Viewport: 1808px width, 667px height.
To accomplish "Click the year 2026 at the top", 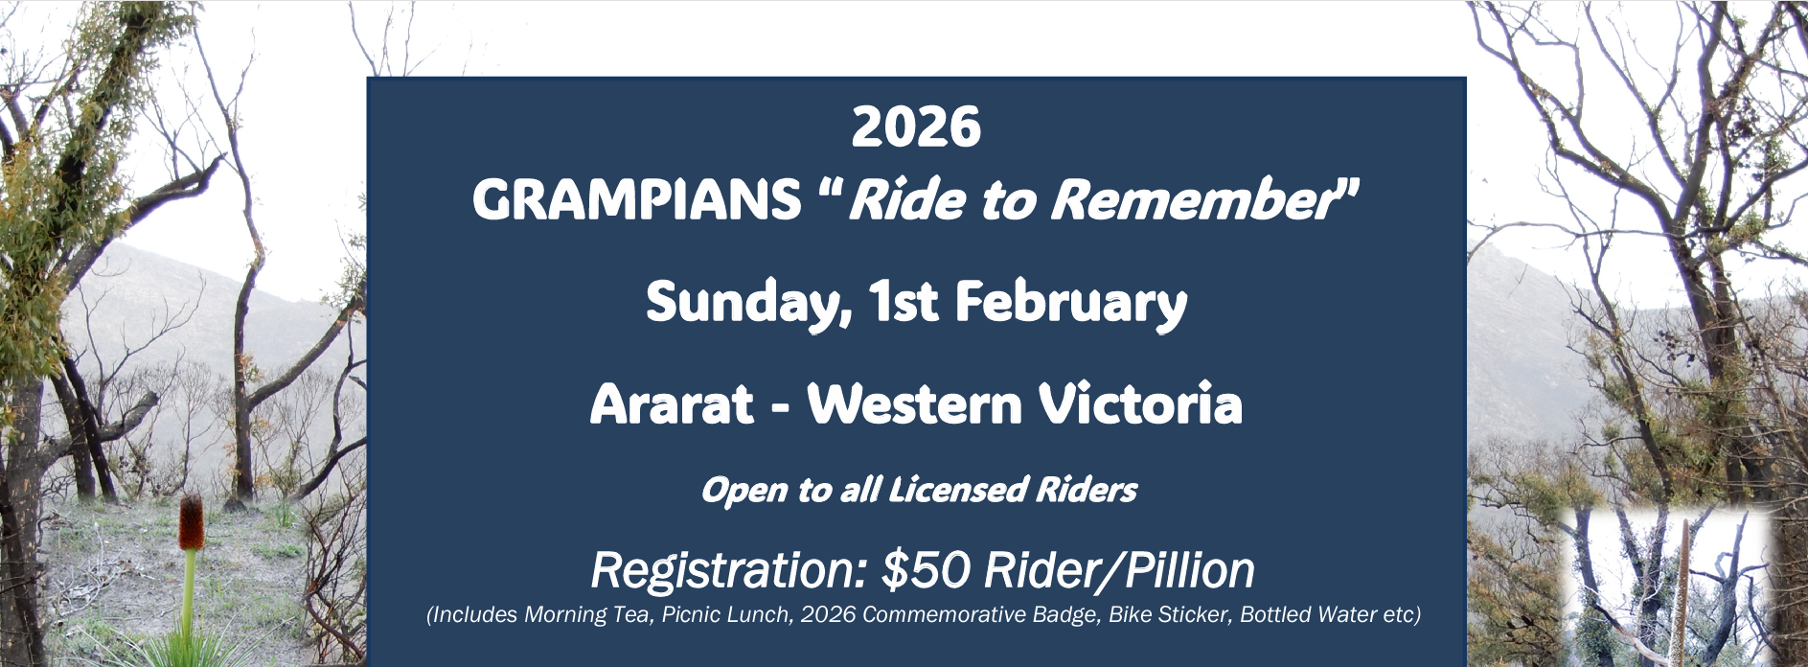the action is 916,127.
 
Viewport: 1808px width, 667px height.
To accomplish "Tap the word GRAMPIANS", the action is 637,200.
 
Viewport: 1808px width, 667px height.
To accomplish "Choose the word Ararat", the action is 672,404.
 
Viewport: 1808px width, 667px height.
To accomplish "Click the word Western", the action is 915,404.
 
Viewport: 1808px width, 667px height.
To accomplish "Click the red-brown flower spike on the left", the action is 192,523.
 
